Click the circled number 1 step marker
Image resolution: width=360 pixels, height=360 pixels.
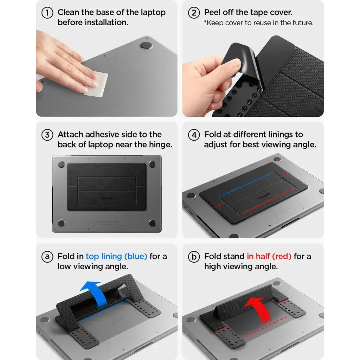pyautogui.click(x=47, y=13)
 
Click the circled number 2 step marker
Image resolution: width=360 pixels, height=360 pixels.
pyautogui.click(x=194, y=13)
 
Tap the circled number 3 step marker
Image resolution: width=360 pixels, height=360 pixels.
pyautogui.click(x=47, y=135)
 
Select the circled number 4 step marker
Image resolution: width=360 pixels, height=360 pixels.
pyautogui.click(x=194, y=135)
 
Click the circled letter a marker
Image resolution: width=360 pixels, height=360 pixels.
pyautogui.click(x=47, y=257)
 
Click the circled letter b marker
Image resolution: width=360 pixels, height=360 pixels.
pyautogui.click(x=194, y=257)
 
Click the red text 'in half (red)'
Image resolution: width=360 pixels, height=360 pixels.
pyautogui.click(x=269, y=257)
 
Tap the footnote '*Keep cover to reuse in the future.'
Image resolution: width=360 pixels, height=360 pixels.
pyautogui.click(x=258, y=23)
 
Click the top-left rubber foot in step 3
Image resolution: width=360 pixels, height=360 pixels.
pyautogui.click(x=61, y=164)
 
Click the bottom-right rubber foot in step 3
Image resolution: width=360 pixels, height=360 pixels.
pyautogui.click(x=152, y=223)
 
